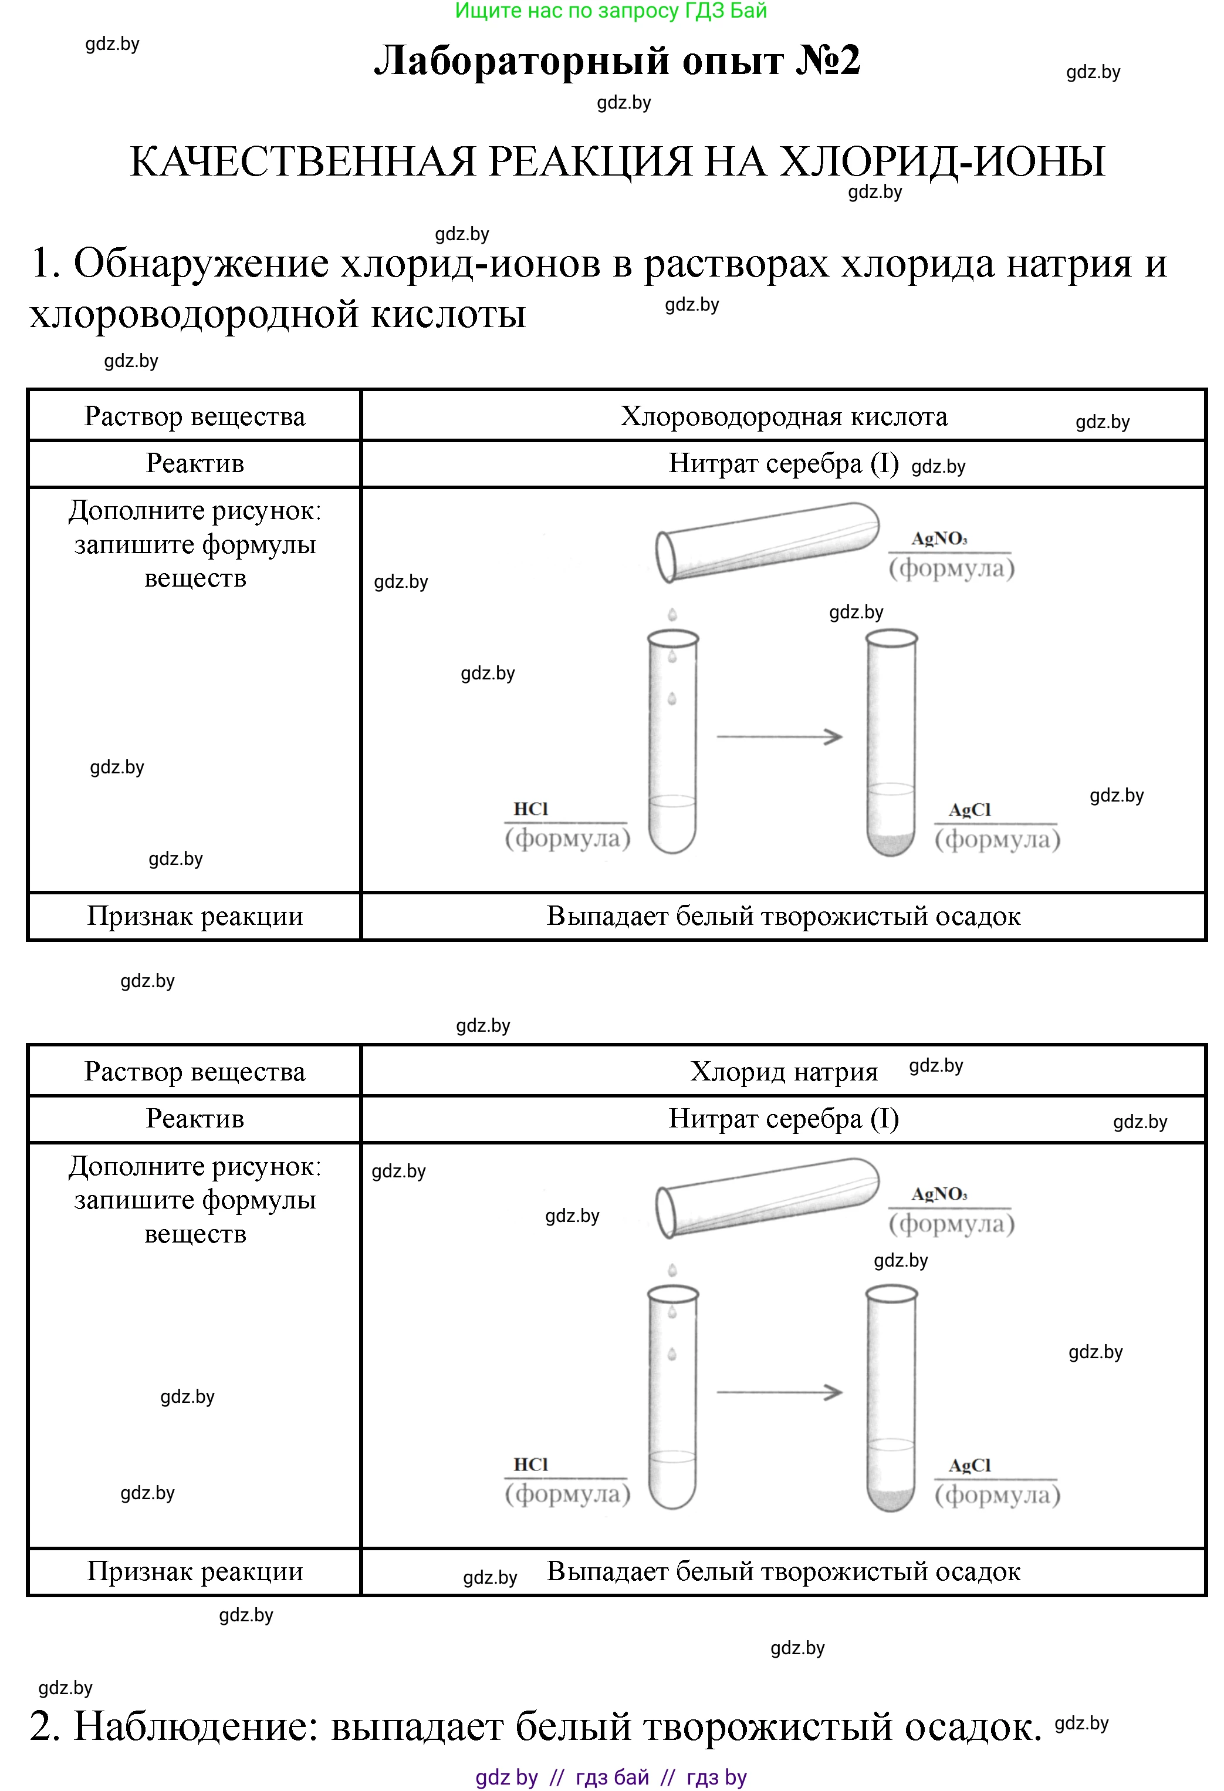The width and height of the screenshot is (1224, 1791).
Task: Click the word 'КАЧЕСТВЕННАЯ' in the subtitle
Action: click(303, 162)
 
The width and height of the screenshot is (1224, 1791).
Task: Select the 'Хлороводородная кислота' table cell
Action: click(783, 416)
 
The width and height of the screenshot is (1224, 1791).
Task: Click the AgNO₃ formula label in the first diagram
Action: click(939, 538)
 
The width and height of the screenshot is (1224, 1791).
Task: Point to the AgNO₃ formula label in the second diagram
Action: click(939, 1194)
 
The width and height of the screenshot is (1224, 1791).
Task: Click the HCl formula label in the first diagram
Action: click(531, 809)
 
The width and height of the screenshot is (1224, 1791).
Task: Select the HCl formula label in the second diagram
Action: click(531, 1465)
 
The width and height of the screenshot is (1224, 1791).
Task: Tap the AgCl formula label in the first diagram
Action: click(969, 810)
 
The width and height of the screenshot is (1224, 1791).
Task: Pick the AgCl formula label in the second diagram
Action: click(969, 1466)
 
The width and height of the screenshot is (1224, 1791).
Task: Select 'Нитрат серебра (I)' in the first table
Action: click(783, 464)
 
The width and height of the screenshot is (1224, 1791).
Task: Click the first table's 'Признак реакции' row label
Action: click(195, 916)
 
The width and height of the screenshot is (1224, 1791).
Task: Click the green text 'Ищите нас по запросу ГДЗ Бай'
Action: click(611, 11)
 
